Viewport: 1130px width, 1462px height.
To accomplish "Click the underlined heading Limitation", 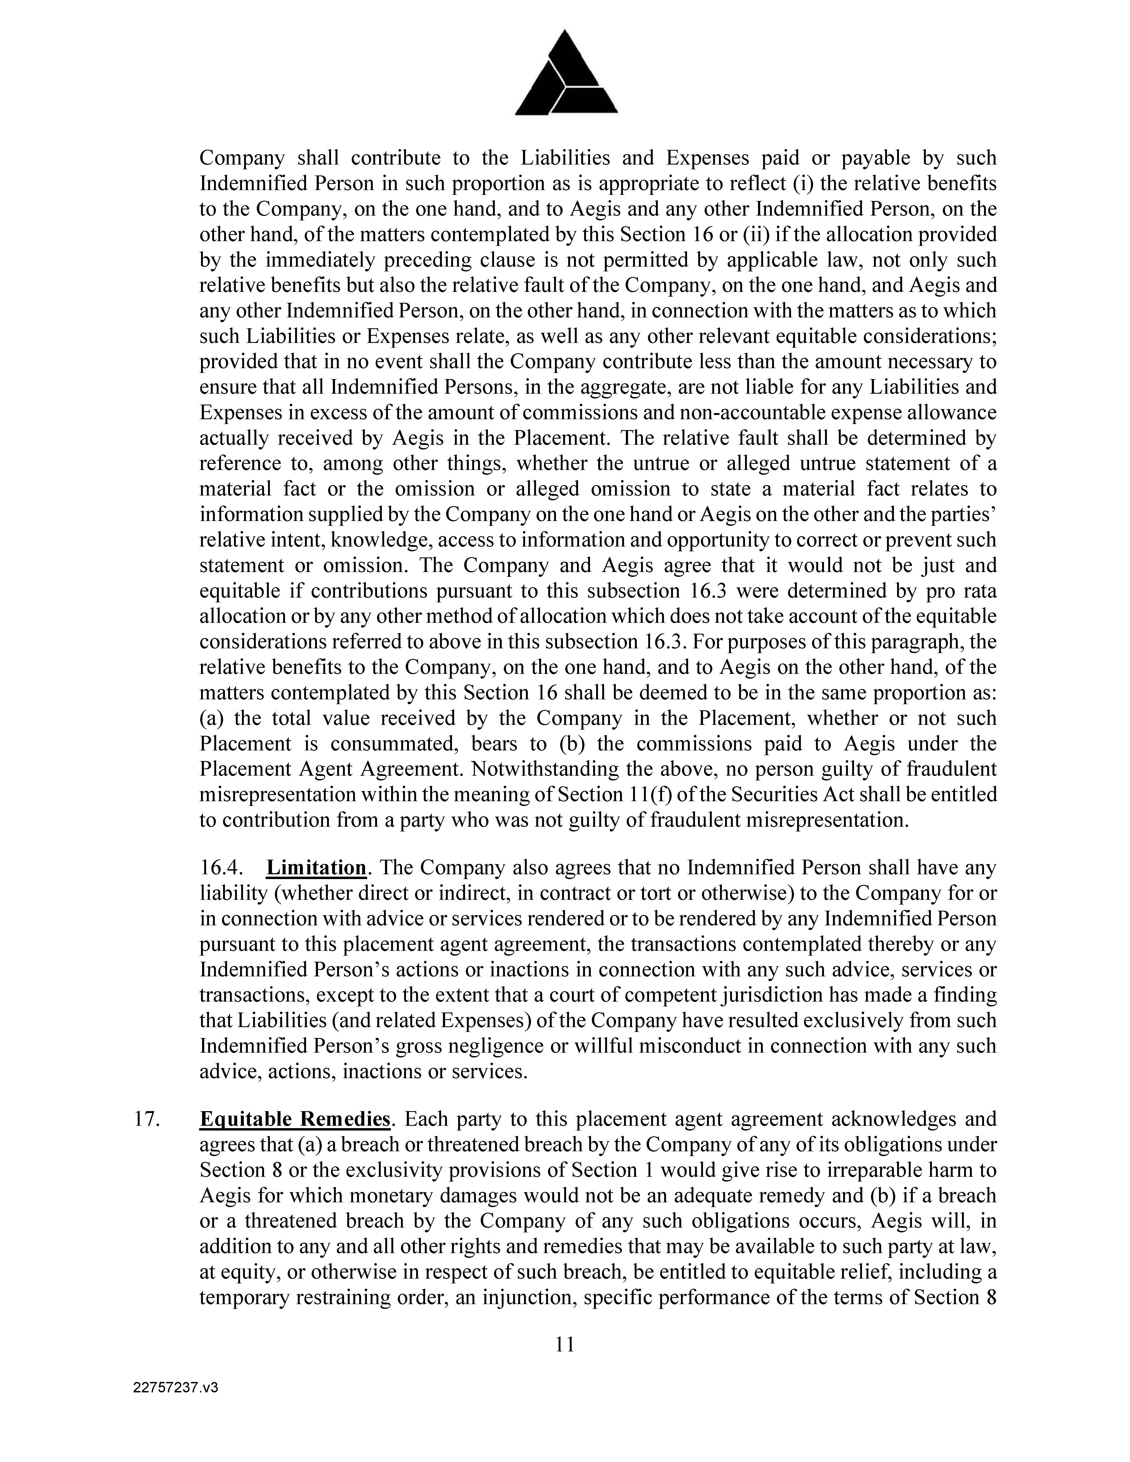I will pyautogui.click(x=316, y=868).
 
